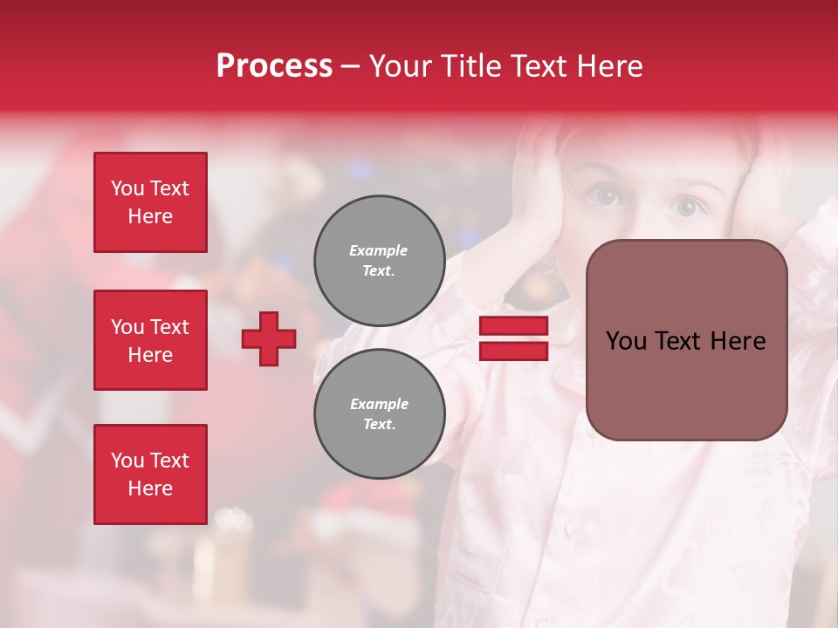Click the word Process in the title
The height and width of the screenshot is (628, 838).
[x=274, y=66]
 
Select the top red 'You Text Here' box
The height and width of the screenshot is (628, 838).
[x=150, y=202]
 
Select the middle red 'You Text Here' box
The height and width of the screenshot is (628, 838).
[x=150, y=340]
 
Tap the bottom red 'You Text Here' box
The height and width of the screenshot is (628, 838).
[x=150, y=474]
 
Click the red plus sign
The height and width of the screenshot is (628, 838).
[x=269, y=338]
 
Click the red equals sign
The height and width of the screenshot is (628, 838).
[x=513, y=338]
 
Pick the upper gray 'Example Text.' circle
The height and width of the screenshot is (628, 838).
[x=379, y=261]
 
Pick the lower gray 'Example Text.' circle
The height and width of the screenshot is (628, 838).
[x=379, y=414]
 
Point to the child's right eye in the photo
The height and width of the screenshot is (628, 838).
[x=608, y=196]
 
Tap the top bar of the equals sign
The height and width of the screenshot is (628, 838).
[x=513, y=326]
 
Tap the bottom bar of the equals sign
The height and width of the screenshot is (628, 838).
[x=513, y=351]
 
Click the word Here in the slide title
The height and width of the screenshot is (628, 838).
[x=609, y=66]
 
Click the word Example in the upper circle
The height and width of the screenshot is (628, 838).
[x=379, y=250]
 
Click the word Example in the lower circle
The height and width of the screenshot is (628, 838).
[x=379, y=404]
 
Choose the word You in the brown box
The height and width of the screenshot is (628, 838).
[x=626, y=341]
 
